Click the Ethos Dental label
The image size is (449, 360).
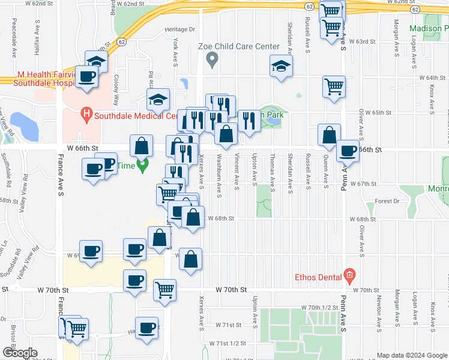pos(318,277)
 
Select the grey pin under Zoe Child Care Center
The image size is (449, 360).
pos(211,59)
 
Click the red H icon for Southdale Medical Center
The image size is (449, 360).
pos(86,112)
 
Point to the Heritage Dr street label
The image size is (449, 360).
pos(180,29)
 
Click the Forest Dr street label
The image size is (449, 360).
pos(387,202)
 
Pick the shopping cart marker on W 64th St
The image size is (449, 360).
pos(333,85)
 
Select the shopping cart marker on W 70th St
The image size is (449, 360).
pos(164,289)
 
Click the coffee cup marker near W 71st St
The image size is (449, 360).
pos(146,328)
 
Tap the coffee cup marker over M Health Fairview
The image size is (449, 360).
pos(86,77)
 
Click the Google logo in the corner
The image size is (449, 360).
pos(19,353)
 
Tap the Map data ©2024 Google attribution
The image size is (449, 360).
pos(411,355)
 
